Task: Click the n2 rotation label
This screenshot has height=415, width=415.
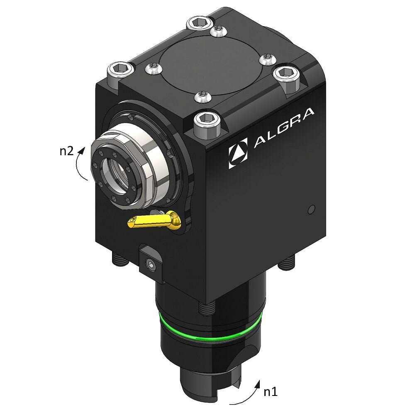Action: pyautogui.click(x=66, y=151)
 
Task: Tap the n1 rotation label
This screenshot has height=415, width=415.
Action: pyautogui.click(x=270, y=391)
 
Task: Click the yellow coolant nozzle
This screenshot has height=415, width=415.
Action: pyautogui.click(x=154, y=221)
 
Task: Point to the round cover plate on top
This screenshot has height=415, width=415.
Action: pyautogui.click(x=210, y=66)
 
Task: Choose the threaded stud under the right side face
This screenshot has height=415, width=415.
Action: pyautogui.click(x=286, y=262)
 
